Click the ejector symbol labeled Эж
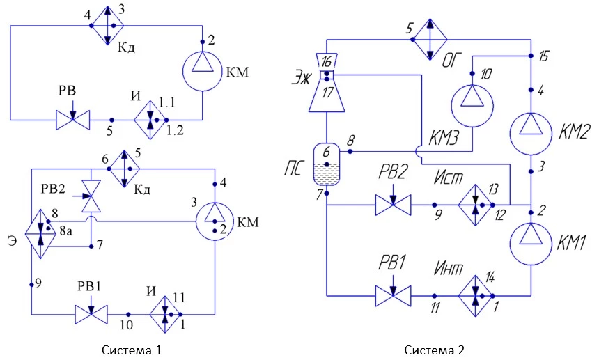click(327, 82)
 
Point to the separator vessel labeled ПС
click(327, 164)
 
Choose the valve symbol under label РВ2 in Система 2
click(393, 205)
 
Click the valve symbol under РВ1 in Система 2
click(393, 296)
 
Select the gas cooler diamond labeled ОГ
click(430, 39)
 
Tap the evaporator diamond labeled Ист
click(475, 205)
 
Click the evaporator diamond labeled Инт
click(475, 296)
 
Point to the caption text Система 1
click(132, 350)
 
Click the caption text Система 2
click(435, 350)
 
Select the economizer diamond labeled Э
click(41, 234)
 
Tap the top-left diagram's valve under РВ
click(73, 120)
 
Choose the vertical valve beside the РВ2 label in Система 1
click(91, 196)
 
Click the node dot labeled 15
click(531, 56)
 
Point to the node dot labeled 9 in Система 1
click(32, 284)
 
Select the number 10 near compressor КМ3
click(485, 74)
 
